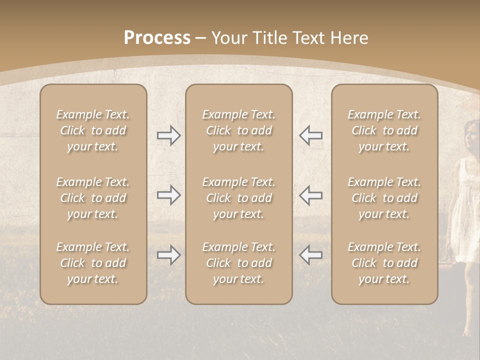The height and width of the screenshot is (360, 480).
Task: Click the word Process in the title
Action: coord(157,38)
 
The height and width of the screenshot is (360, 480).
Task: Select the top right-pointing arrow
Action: coord(169,135)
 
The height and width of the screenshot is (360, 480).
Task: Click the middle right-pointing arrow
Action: coord(169,195)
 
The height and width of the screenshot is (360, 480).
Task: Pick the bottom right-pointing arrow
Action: coord(169,255)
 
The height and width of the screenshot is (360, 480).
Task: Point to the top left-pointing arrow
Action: coord(310,135)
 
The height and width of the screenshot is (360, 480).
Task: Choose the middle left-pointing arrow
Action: coord(310,195)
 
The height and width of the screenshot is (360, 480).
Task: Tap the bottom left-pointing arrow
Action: coord(310,255)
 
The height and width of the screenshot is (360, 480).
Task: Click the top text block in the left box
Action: coord(93,130)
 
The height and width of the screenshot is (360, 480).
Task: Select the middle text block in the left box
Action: coord(93,198)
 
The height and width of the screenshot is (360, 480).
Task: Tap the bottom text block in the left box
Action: coord(93,263)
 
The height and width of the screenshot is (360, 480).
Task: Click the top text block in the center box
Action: coord(239,130)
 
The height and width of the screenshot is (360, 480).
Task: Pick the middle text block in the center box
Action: coord(239,198)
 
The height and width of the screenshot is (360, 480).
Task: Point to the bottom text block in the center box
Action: coord(239,263)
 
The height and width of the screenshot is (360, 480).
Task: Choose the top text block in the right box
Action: coord(384,130)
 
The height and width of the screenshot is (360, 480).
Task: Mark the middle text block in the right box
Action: coord(384,198)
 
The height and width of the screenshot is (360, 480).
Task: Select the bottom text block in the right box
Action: coord(384,263)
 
